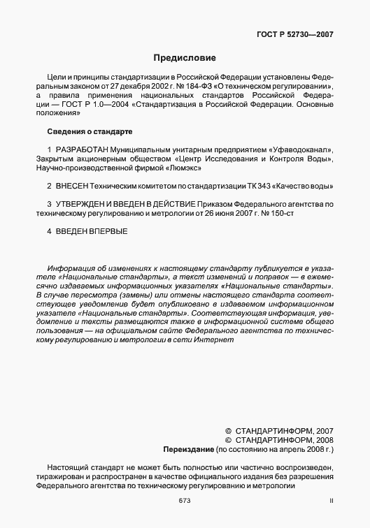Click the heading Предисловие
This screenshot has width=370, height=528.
click(185, 57)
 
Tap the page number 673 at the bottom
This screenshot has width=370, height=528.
click(185, 501)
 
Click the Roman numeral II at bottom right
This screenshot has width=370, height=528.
click(332, 501)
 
